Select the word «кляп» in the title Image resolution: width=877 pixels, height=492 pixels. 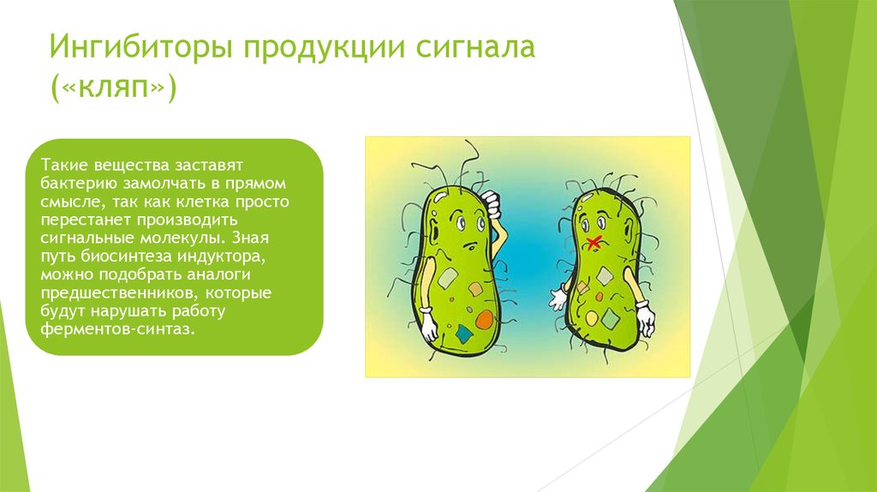click(115, 88)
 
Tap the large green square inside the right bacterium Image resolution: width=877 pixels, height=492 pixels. click(612, 318)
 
